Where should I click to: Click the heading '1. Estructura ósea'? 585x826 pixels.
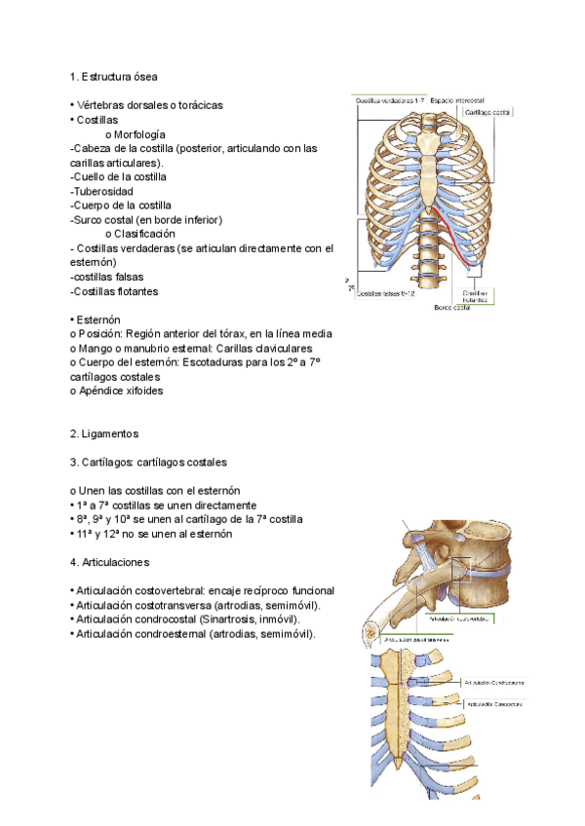click(x=113, y=76)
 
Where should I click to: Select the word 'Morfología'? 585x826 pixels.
click(x=139, y=133)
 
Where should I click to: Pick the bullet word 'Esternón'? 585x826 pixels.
click(x=98, y=319)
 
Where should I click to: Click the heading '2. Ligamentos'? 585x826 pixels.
click(x=105, y=433)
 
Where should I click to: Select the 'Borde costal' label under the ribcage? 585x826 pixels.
click(x=451, y=307)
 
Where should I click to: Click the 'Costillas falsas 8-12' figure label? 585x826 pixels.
click(x=386, y=292)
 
